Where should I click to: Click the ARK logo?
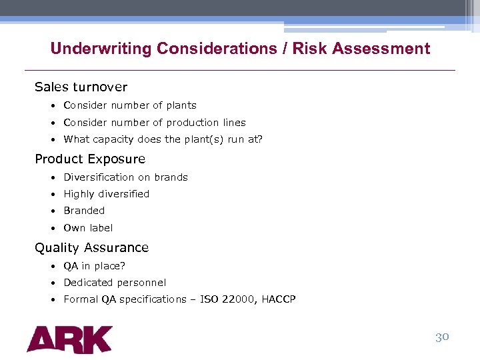tap(69, 339)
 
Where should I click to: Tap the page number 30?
tap(442, 337)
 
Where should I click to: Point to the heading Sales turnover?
tap(81, 87)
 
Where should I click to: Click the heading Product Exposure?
tap(90, 159)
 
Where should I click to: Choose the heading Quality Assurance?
tap(91, 247)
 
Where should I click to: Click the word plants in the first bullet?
tap(181, 105)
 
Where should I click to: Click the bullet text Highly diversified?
tap(106, 194)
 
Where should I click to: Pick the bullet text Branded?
tap(84, 211)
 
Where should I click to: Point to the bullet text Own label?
tap(88, 228)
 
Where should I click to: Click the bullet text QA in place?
tap(94, 266)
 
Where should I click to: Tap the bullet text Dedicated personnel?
tap(115, 283)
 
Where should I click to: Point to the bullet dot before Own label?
tap(52, 228)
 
